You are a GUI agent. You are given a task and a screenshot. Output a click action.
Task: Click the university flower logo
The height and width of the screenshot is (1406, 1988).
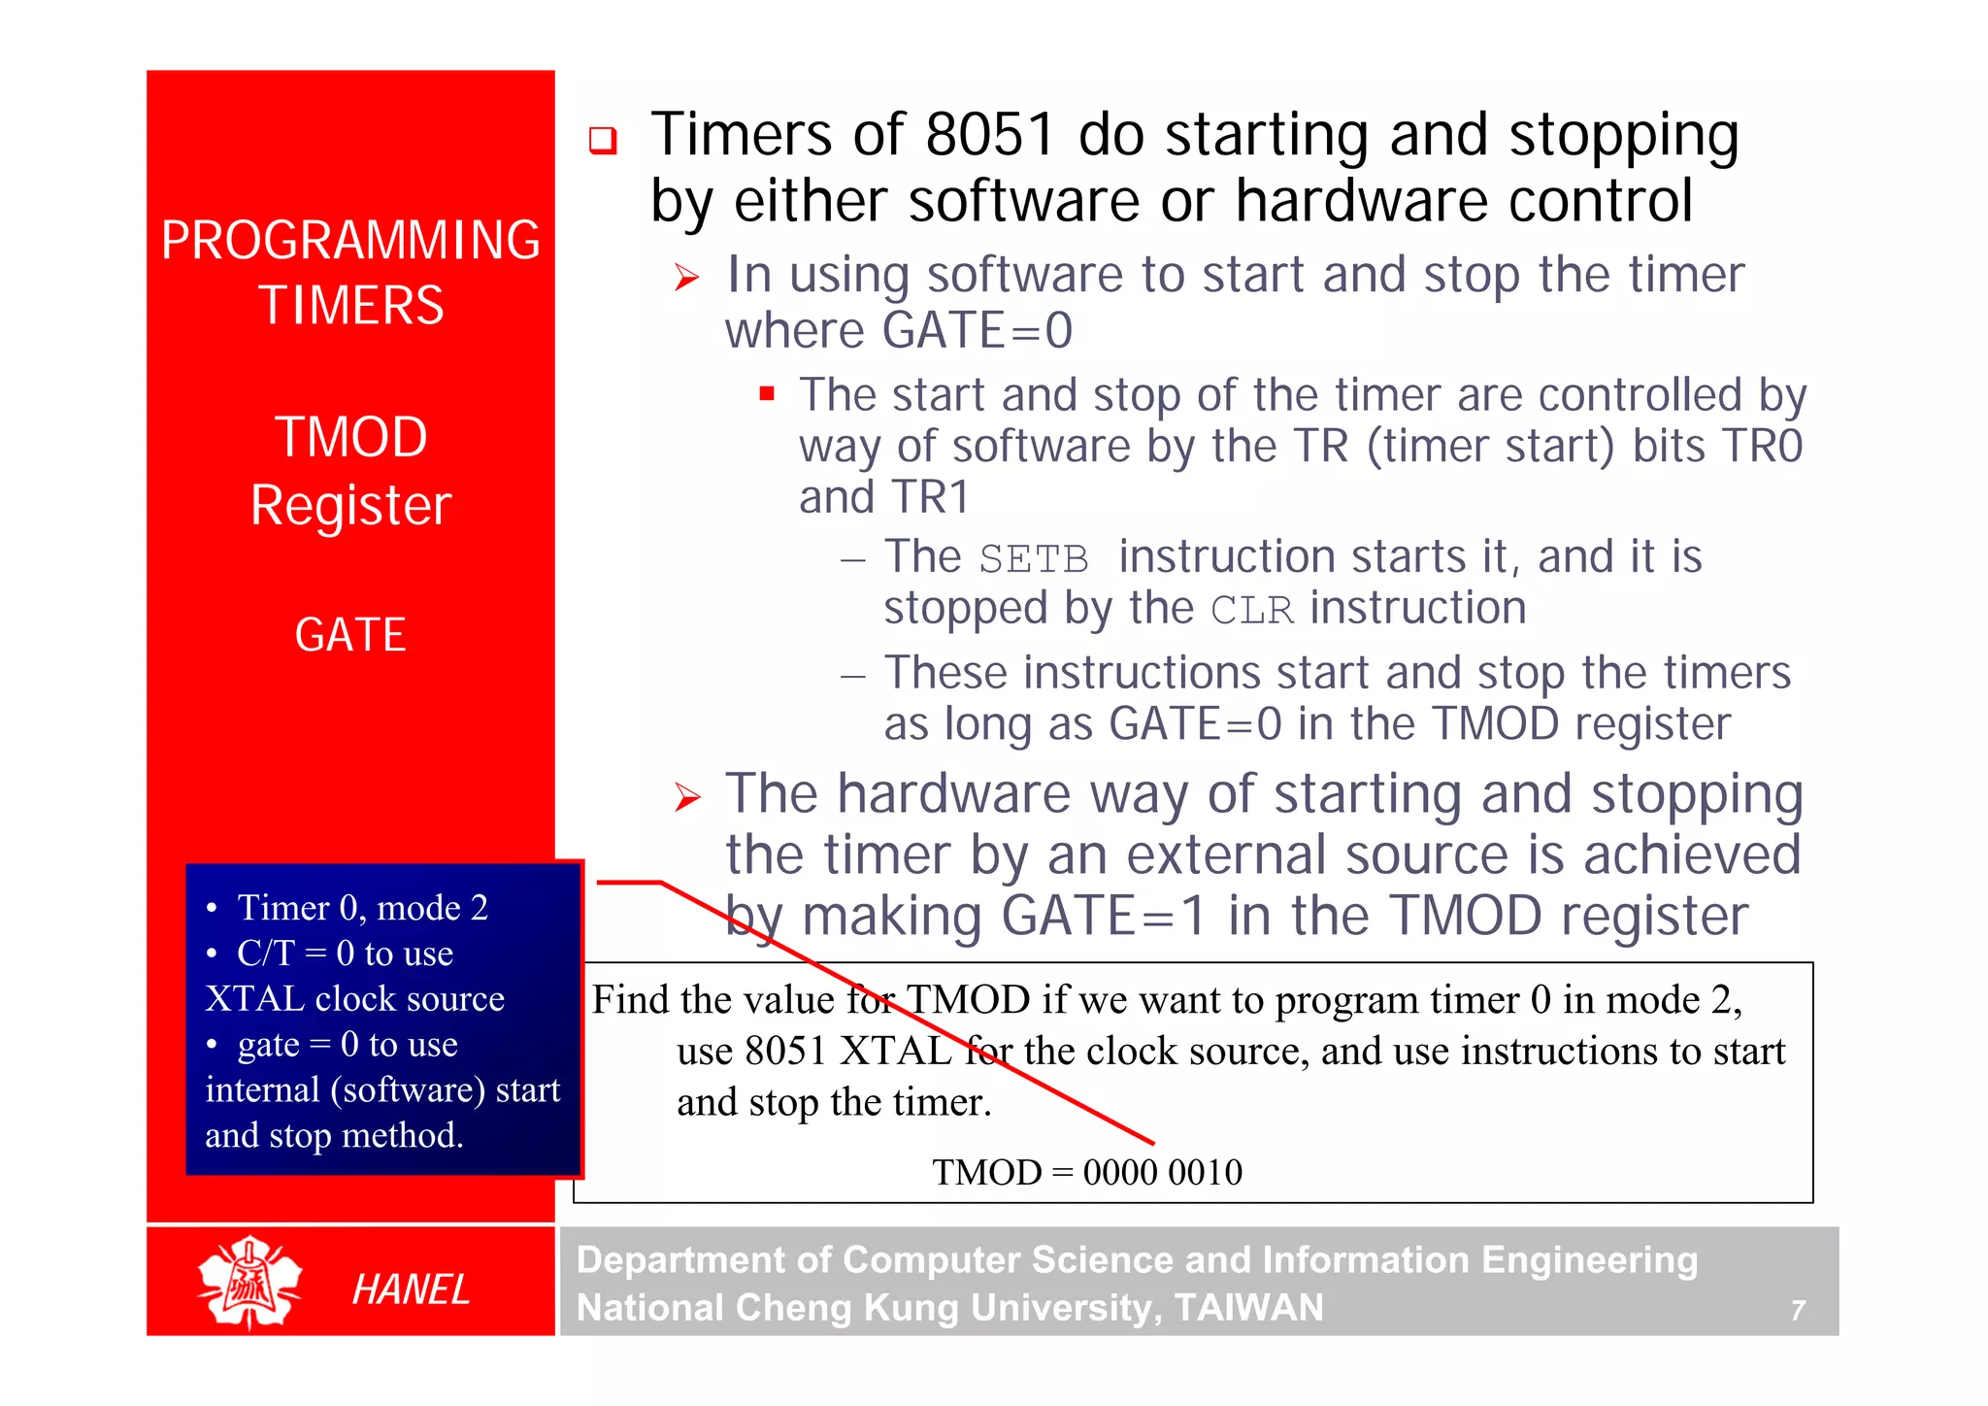(249, 1283)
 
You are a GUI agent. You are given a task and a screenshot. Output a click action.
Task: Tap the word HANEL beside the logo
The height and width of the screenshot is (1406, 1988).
(411, 1289)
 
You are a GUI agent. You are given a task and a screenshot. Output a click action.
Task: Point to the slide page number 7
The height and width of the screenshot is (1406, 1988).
(1798, 1311)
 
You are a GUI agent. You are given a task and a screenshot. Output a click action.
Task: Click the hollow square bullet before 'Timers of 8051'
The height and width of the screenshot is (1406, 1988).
(603, 141)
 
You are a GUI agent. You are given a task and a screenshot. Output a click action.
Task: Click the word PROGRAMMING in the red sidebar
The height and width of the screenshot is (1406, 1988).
(350, 240)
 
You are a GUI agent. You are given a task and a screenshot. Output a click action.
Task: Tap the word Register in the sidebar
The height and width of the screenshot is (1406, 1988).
(350, 505)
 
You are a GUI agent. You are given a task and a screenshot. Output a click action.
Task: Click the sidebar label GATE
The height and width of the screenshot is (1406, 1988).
(350, 635)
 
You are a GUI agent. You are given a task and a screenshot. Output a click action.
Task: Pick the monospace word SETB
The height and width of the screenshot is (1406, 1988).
(1033, 559)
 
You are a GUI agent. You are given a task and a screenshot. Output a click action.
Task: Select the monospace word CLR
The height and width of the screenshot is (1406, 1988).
(1252, 611)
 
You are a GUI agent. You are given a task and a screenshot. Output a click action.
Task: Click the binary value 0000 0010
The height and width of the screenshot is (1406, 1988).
(1162, 1172)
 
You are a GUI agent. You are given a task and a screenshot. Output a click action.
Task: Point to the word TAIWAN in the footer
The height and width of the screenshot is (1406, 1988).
(1248, 1308)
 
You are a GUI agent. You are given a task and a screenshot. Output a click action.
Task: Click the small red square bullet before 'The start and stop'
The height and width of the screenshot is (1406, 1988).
(767, 394)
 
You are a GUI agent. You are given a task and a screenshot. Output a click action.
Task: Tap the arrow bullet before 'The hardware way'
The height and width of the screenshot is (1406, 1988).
(687, 798)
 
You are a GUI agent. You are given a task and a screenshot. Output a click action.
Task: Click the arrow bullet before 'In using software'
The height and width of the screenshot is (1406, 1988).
(687, 278)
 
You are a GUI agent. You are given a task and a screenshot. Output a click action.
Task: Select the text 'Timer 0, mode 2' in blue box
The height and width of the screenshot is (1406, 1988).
(362, 907)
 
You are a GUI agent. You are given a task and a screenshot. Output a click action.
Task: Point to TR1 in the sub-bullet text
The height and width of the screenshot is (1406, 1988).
(931, 497)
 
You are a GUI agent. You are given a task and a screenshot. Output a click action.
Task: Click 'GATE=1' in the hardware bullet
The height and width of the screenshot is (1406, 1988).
(1103, 916)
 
